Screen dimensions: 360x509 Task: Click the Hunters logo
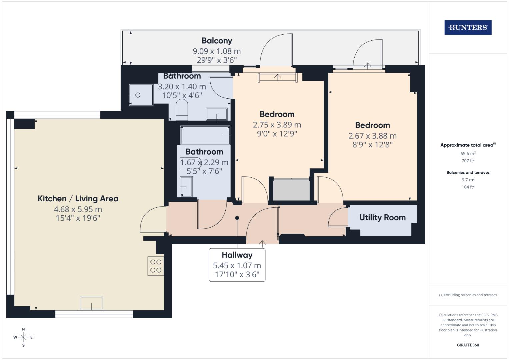[x=468, y=28]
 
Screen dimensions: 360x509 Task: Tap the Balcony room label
[x=217, y=41]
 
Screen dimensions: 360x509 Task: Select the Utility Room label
[x=382, y=218]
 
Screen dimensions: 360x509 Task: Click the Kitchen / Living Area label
[x=78, y=199]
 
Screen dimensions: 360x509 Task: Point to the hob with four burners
[x=156, y=266]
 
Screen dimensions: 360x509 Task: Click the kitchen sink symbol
[x=91, y=303]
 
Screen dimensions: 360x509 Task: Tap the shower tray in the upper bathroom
[x=141, y=95]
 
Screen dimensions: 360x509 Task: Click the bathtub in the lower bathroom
[x=205, y=135]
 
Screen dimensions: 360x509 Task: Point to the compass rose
[x=23, y=337]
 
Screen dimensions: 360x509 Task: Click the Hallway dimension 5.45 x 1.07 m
[x=237, y=266]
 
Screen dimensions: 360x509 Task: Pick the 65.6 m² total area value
[x=468, y=154]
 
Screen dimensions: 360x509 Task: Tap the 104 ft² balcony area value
[x=468, y=187]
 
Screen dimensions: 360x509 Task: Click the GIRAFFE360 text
[x=468, y=345]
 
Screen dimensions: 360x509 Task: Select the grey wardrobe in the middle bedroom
[x=291, y=190]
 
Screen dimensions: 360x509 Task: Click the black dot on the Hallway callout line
[x=237, y=218]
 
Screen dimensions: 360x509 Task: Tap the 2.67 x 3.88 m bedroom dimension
[x=372, y=136]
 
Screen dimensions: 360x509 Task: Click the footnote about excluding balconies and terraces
[x=468, y=295]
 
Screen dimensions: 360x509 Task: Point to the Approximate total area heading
[x=467, y=145]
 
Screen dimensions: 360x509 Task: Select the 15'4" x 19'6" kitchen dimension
[x=78, y=218]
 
